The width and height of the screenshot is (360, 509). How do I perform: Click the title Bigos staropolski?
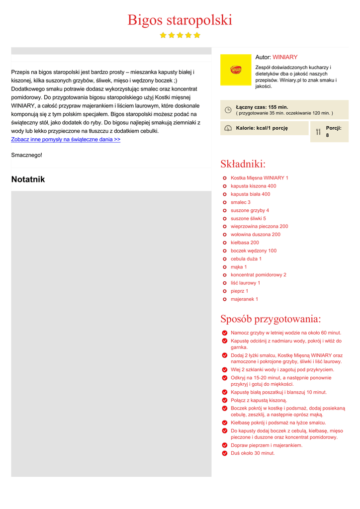pos(180,20)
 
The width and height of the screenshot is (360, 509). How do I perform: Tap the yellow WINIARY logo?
pos(236,70)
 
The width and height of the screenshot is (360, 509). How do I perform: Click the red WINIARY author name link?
pos(285,57)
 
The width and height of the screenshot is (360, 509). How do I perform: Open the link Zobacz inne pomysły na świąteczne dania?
pos(66,140)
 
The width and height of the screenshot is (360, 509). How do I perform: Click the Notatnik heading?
pos(28,179)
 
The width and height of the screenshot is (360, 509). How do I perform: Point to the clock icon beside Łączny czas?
pos(228,110)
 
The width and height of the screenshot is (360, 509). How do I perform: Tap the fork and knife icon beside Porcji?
pos(318,132)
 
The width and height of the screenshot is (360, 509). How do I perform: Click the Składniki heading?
pos(243,164)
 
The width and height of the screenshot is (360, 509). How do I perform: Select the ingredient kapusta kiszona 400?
pos(253,186)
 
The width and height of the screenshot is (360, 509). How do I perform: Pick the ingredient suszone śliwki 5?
pos(248,218)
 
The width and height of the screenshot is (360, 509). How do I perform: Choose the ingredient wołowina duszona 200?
pos(255,234)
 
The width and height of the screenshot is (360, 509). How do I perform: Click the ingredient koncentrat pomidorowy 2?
pos(258,274)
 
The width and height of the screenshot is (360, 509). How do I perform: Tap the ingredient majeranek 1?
pos(244,299)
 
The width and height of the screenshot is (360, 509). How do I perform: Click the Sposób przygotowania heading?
pos(270,319)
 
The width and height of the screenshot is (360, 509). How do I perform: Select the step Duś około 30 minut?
pos(252,453)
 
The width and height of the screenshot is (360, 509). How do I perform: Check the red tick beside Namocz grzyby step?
pos(225,333)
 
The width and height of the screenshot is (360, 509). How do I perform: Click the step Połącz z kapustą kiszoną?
pos(259,400)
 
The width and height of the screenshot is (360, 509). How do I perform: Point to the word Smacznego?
pos(27,155)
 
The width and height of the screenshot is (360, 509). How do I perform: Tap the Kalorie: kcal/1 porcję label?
pos(262,128)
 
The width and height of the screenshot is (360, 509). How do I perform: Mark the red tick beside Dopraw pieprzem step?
pos(225,445)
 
